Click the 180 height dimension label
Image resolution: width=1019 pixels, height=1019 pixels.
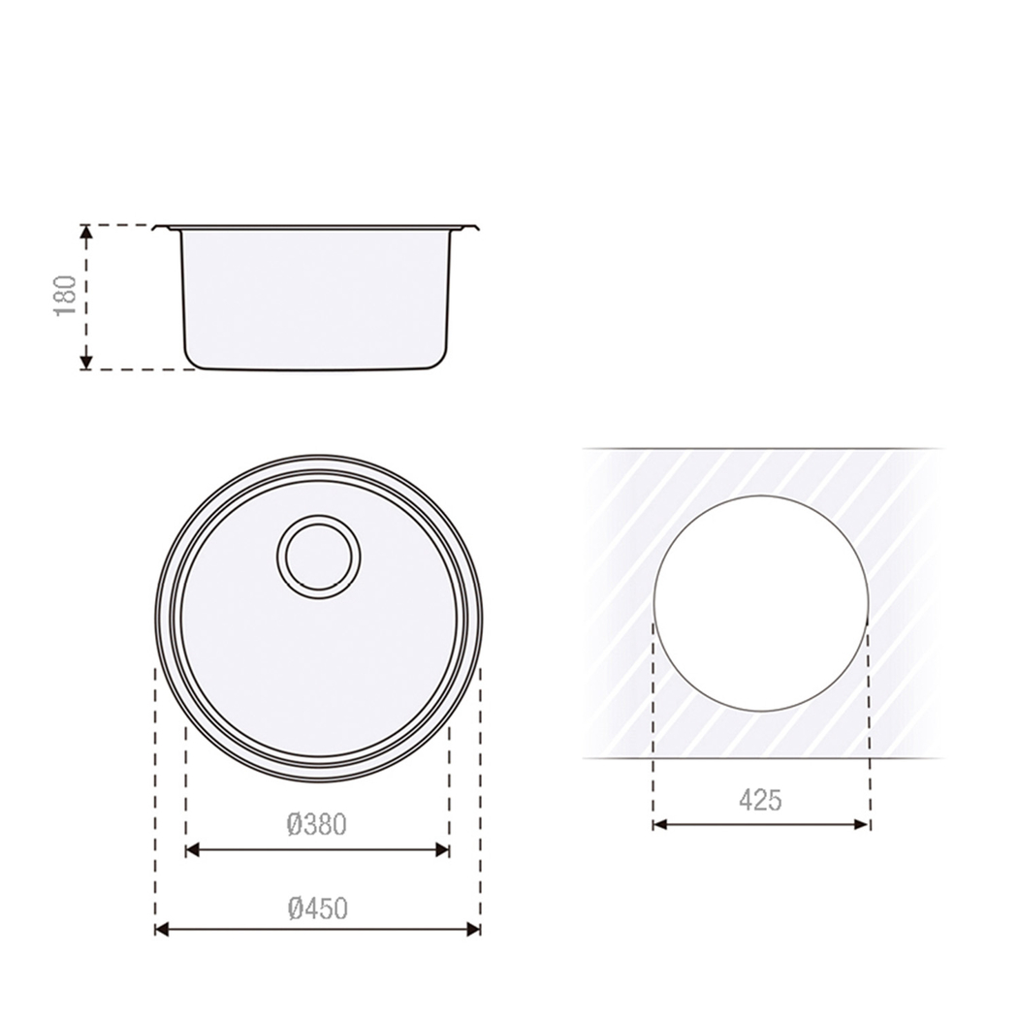tap(65, 297)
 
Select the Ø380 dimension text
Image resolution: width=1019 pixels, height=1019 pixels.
tap(317, 825)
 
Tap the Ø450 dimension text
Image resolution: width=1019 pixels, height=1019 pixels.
tap(317, 908)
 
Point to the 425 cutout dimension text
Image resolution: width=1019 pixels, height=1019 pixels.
tap(760, 800)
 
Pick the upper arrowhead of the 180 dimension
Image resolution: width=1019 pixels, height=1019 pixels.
tap(86, 232)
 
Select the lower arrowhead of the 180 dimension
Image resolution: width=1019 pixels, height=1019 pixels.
tap(86, 363)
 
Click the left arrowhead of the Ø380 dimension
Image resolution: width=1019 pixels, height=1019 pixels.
tap(192, 850)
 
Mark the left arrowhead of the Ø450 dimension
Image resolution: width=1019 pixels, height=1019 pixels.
tap(162, 930)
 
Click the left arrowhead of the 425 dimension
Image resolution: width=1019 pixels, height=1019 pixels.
tap(660, 825)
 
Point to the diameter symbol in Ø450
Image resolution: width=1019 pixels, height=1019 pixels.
tap(296, 908)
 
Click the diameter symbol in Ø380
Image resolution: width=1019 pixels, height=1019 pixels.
tap(296, 825)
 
